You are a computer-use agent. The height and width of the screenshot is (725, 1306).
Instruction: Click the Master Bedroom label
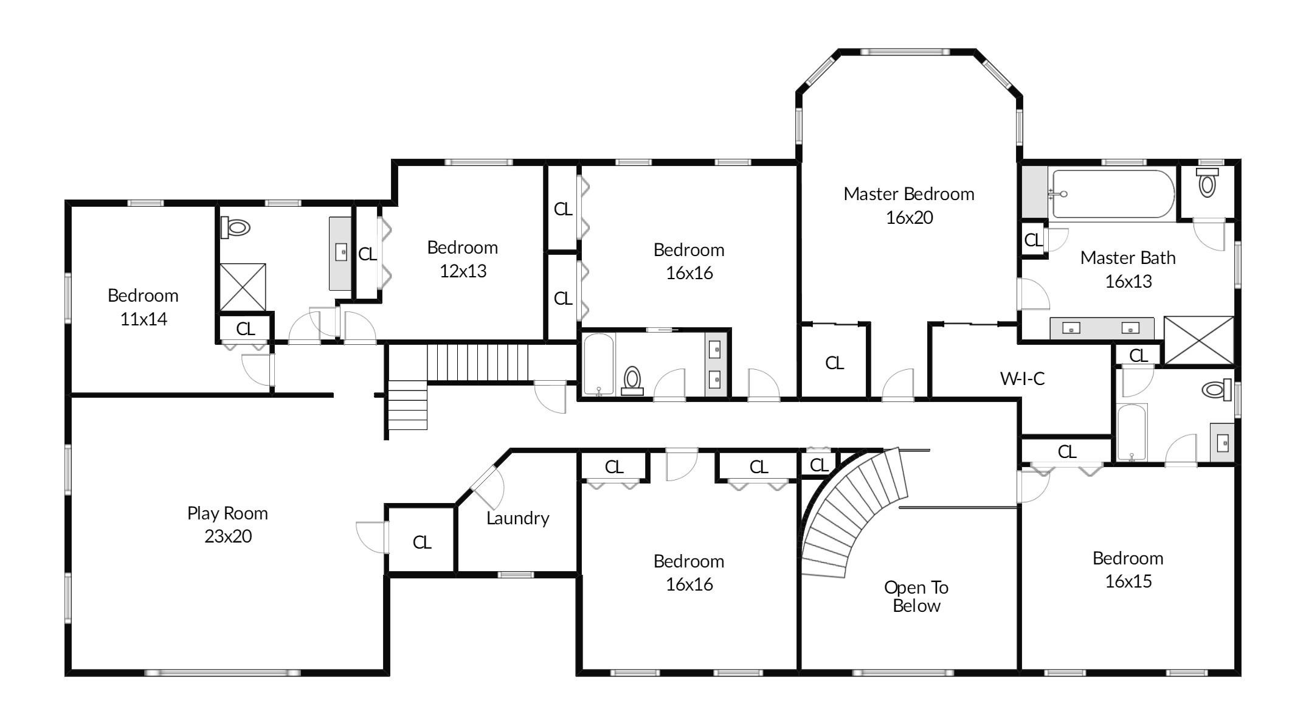coord(908,194)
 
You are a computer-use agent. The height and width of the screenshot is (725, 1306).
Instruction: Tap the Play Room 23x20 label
coord(227,524)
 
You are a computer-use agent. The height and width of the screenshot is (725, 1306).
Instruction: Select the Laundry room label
coord(517,518)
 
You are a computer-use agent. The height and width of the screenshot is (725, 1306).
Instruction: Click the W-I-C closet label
coord(1022,379)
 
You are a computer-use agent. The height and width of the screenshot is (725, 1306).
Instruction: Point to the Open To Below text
coord(916,596)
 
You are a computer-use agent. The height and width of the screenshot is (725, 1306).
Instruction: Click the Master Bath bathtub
coord(1113,194)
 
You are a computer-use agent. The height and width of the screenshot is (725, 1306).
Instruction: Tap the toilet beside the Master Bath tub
coord(1207,182)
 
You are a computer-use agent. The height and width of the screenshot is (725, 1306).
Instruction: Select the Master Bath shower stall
coord(1198,341)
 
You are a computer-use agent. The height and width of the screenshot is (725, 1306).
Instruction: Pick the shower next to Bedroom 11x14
coord(242,287)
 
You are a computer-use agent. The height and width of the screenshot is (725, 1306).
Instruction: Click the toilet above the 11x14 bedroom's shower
coord(236,228)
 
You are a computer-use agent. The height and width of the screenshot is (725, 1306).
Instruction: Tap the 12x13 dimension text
coord(463,271)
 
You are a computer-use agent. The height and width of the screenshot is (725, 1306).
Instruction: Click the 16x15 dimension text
coord(1128,581)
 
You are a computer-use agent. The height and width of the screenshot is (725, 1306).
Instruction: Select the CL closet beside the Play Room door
coord(421,542)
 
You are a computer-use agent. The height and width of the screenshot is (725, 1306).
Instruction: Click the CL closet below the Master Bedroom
coord(834,363)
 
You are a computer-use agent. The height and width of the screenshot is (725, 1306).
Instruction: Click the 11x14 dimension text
coord(143,319)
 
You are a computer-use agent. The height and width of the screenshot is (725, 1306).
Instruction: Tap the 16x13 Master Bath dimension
coord(1128,282)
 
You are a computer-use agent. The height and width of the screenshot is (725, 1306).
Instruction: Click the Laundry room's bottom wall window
coord(516,575)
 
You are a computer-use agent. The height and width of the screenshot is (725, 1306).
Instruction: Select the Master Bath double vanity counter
coord(1101,328)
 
